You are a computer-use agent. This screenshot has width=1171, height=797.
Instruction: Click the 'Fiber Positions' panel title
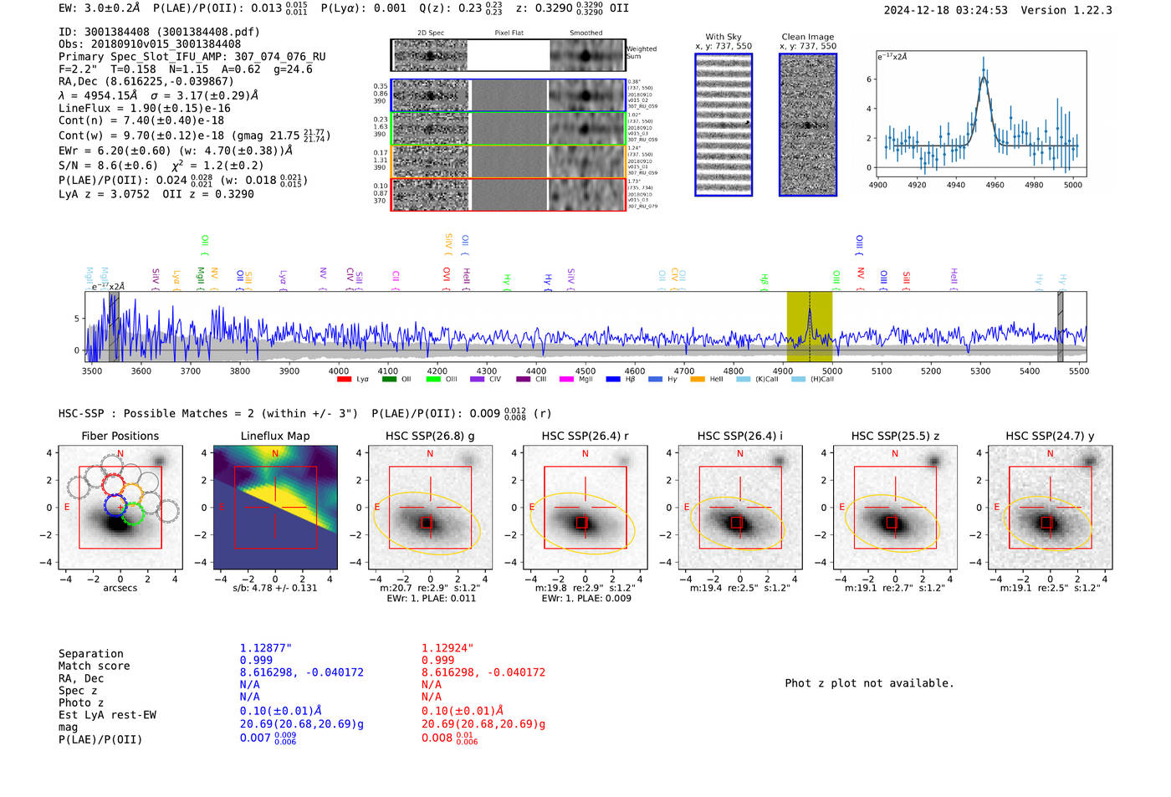pyautogui.click(x=120, y=436)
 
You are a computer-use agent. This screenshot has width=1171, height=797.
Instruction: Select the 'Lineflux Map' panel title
pyautogui.click(x=274, y=436)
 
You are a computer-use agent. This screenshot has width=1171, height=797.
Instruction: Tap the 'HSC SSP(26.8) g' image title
pyautogui.click(x=430, y=436)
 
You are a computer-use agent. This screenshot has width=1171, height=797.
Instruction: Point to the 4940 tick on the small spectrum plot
pyautogui.click(x=956, y=185)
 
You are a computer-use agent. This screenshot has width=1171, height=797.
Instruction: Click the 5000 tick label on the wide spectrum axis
pyautogui.click(x=831, y=370)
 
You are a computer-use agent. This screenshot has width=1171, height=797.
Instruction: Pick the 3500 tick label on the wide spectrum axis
pyautogui.click(x=91, y=370)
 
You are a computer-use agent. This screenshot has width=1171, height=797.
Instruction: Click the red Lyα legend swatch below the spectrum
pyautogui.click(x=344, y=380)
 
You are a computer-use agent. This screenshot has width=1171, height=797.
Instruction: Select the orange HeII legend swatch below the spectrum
pyautogui.click(x=698, y=380)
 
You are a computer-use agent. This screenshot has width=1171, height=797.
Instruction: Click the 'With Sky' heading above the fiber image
pyautogui.click(x=724, y=37)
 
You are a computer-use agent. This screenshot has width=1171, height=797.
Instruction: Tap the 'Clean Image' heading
pyautogui.click(x=807, y=37)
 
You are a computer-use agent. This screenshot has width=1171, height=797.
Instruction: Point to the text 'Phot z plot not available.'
pyautogui.click(x=869, y=683)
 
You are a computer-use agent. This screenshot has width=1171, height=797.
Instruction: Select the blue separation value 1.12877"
pyautogui.click(x=265, y=648)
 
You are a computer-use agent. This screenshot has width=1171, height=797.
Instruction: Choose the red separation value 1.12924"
pyautogui.click(x=447, y=648)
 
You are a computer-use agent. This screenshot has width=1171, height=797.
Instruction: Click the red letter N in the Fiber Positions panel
pyautogui.click(x=120, y=454)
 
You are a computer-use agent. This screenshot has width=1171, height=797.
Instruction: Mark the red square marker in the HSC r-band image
pyautogui.click(x=582, y=523)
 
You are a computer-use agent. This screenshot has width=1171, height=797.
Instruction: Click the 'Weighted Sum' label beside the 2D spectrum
pyautogui.click(x=641, y=53)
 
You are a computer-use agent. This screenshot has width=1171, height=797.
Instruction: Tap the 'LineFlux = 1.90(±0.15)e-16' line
pyautogui.click(x=144, y=108)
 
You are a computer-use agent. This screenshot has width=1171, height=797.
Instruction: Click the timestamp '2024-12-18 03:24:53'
pyautogui.click(x=945, y=10)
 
